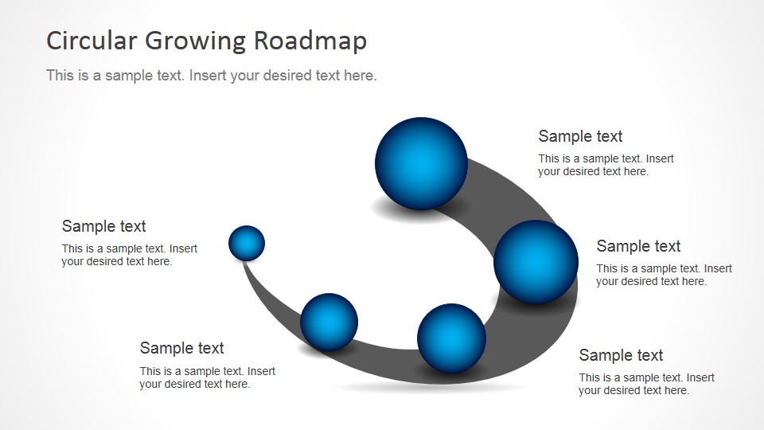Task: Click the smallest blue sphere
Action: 247,244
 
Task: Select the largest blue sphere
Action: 422,164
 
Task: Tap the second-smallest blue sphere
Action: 329,322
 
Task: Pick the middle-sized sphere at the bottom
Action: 452,338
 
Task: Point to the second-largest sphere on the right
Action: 536,262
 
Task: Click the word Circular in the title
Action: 92,41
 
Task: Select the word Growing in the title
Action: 196,41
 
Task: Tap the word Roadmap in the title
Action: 310,41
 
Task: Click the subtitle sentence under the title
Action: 212,76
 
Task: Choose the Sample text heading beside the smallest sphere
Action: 103,226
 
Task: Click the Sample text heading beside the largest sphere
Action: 580,136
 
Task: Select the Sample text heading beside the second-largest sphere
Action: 638,246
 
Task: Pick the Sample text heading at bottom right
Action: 621,355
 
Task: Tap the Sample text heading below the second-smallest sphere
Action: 181,348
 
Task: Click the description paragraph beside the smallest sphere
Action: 129,255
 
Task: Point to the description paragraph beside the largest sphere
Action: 606,165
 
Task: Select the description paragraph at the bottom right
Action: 646,384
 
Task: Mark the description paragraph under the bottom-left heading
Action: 207,377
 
